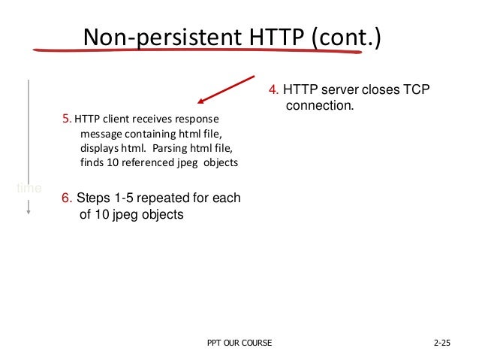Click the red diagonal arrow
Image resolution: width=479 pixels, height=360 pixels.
click(x=224, y=89)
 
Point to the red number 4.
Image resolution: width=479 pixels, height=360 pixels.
click(x=273, y=91)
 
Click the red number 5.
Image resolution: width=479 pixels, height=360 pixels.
click(x=67, y=118)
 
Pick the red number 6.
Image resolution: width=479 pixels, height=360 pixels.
click(x=66, y=198)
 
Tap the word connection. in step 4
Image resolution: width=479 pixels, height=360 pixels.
click(x=319, y=106)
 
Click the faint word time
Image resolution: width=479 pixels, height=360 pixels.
click(x=29, y=187)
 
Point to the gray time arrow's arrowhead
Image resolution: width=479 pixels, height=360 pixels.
click(x=29, y=213)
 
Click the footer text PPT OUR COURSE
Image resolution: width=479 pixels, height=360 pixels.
click(x=239, y=343)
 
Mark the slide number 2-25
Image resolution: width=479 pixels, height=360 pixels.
click(x=445, y=343)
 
